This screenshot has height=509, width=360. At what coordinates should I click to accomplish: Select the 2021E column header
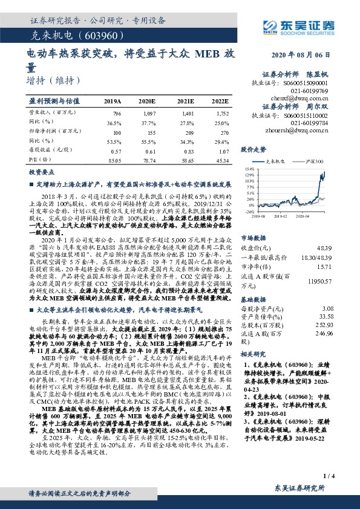tap(187, 102)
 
